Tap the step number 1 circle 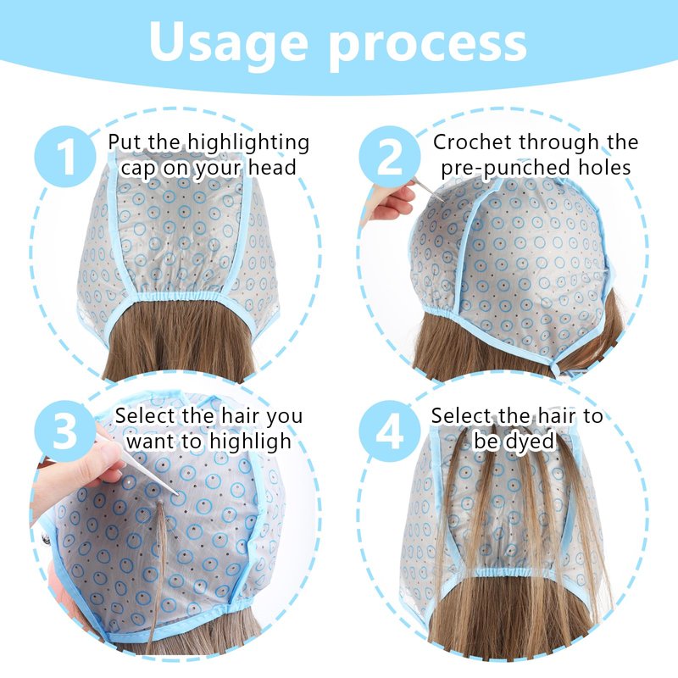click(65, 157)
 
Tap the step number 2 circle click(390, 157)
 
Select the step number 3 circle click(65, 431)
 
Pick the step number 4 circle click(390, 431)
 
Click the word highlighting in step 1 click(248, 142)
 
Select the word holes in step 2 click(605, 167)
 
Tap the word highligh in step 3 click(250, 442)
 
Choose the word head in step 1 click(272, 167)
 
